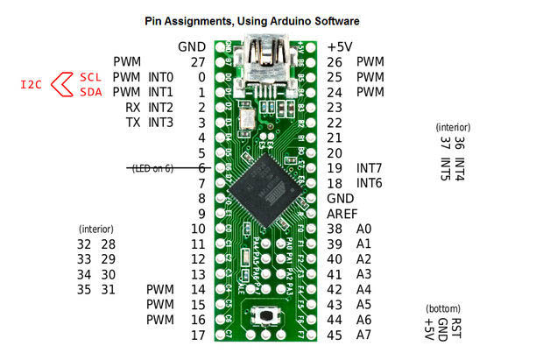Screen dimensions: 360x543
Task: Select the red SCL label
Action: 91,77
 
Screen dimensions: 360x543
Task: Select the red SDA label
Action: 91,91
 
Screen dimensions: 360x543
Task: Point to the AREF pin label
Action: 342,213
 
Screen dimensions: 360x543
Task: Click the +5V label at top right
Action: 342,46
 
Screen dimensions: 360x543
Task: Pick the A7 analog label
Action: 364,335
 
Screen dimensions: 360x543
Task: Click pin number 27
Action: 197,61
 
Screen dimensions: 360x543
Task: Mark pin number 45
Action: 335,335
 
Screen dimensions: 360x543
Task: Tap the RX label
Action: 133,107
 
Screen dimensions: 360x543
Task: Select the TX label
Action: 133,122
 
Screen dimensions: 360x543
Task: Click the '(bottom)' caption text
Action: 443,309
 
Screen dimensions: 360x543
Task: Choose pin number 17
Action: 197,335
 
